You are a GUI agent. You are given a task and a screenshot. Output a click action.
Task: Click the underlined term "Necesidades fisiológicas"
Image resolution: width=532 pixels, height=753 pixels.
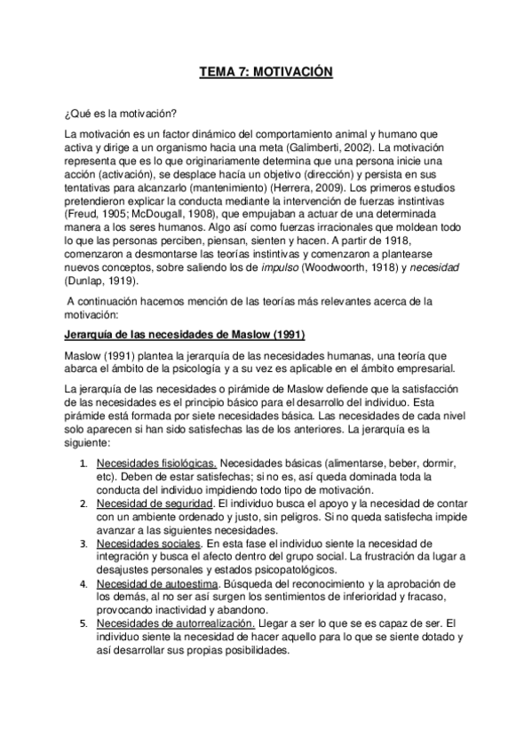click(156, 464)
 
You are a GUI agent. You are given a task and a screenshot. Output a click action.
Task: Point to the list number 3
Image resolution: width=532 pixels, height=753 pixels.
click(83, 543)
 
